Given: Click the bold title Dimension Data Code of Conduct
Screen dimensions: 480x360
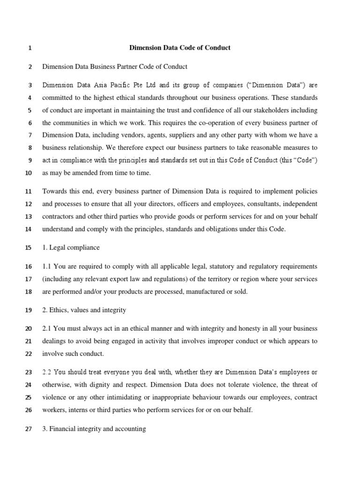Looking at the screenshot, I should point(180,48).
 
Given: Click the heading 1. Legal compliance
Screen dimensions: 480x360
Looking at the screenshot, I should point(71,247).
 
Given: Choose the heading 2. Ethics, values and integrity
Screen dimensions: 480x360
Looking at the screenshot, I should point(84,310).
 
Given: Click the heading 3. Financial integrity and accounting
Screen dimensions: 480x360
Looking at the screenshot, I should point(94,428).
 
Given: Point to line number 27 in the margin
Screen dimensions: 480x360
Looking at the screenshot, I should point(27,428).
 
